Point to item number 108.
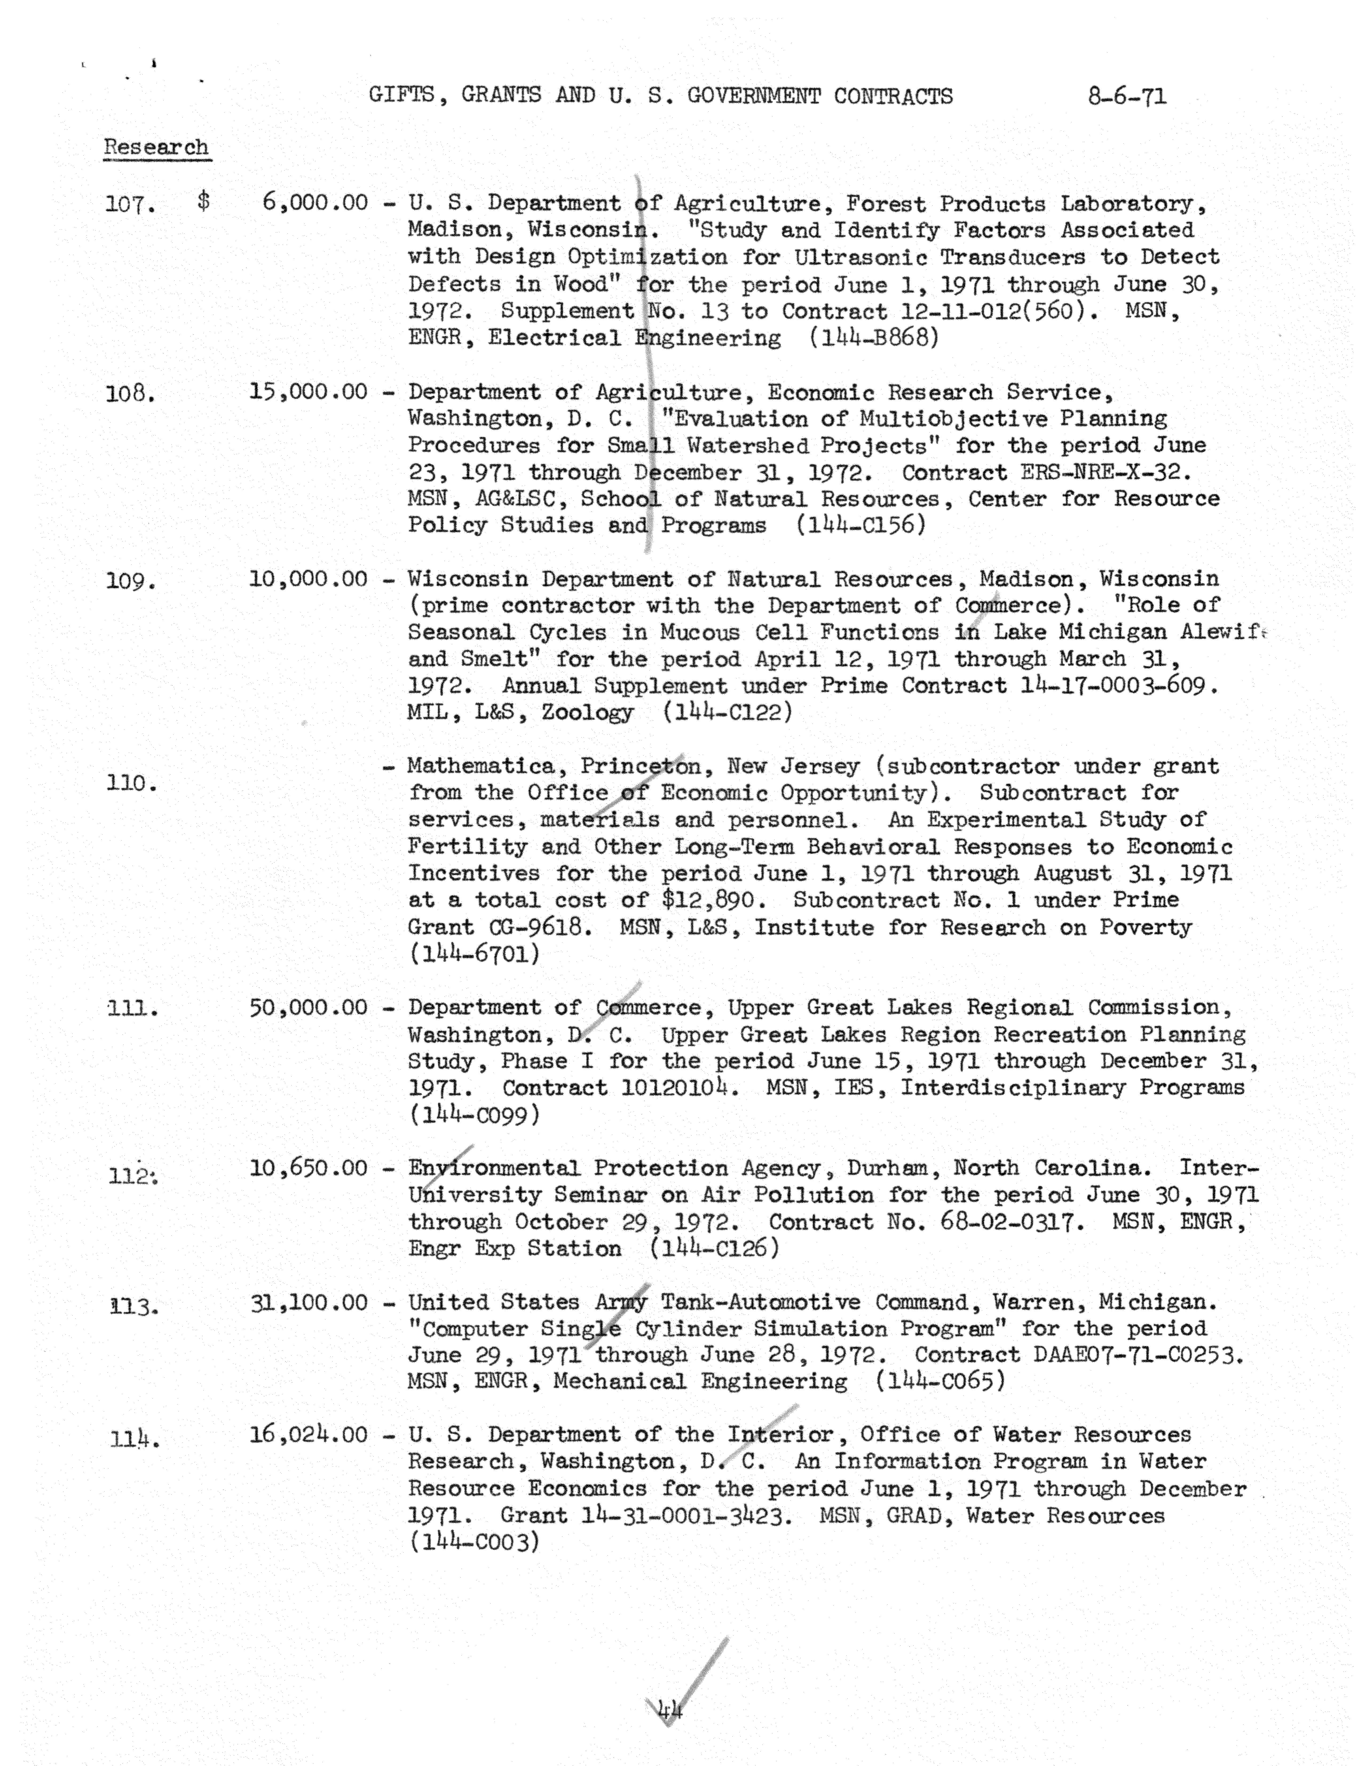click(130, 394)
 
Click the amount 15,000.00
click(308, 392)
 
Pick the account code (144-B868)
click(875, 338)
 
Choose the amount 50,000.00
click(308, 1007)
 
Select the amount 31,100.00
click(308, 1303)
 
